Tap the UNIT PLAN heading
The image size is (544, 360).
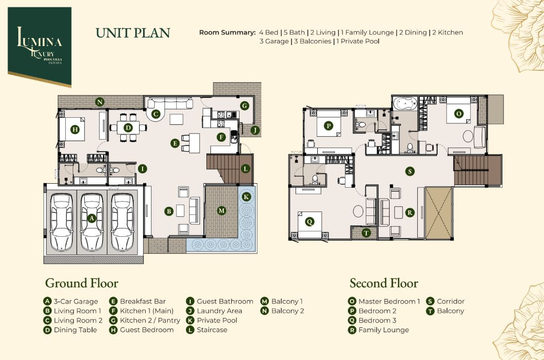point(133,33)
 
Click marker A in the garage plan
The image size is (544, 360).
point(92,218)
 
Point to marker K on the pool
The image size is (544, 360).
point(247,197)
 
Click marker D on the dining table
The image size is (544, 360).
point(128,128)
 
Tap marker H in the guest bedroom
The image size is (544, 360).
point(75,130)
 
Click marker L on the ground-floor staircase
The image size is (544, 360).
point(246,169)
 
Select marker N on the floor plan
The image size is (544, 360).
point(100,102)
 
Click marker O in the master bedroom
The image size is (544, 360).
point(459,113)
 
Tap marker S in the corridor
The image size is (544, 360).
point(410,171)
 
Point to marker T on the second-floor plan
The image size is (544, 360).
point(366,233)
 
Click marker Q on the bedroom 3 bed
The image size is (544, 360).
point(309,221)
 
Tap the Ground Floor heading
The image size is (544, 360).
point(82,283)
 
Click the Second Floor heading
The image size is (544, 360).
point(384,283)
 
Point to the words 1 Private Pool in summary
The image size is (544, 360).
point(358,41)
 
